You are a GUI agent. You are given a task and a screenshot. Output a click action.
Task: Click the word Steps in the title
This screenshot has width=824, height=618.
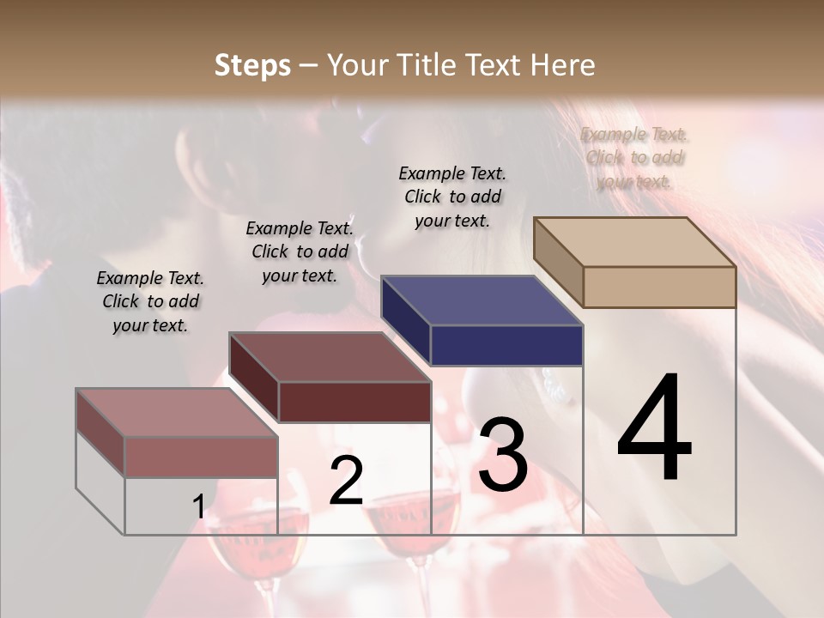[251, 65]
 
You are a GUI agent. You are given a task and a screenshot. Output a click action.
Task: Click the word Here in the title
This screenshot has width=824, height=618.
[563, 65]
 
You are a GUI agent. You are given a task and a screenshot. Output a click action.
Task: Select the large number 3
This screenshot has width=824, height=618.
[503, 455]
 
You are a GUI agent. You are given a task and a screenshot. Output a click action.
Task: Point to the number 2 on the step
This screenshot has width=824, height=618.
[346, 480]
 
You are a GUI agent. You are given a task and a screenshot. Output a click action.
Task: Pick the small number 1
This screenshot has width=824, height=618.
[198, 506]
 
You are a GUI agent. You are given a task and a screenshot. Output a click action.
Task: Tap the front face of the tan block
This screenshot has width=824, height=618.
[659, 287]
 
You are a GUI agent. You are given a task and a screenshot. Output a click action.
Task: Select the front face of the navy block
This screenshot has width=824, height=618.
[506, 345]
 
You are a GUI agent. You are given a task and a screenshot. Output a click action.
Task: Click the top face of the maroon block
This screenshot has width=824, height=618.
[330, 357]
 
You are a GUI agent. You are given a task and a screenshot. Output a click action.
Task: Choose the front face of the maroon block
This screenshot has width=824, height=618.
[354, 402]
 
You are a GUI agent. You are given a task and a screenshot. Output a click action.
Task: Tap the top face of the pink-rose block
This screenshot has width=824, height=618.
[177, 413]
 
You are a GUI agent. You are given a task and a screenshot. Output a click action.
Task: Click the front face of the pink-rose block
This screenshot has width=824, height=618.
[201, 457]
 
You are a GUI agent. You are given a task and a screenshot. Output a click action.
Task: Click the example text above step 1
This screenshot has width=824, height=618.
[150, 301]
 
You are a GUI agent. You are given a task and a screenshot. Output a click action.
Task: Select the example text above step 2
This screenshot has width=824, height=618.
[300, 251]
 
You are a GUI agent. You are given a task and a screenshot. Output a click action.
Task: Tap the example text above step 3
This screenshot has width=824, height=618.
[452, 197]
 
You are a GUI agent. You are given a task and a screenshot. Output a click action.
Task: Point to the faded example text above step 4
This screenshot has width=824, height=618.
[635, 158]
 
